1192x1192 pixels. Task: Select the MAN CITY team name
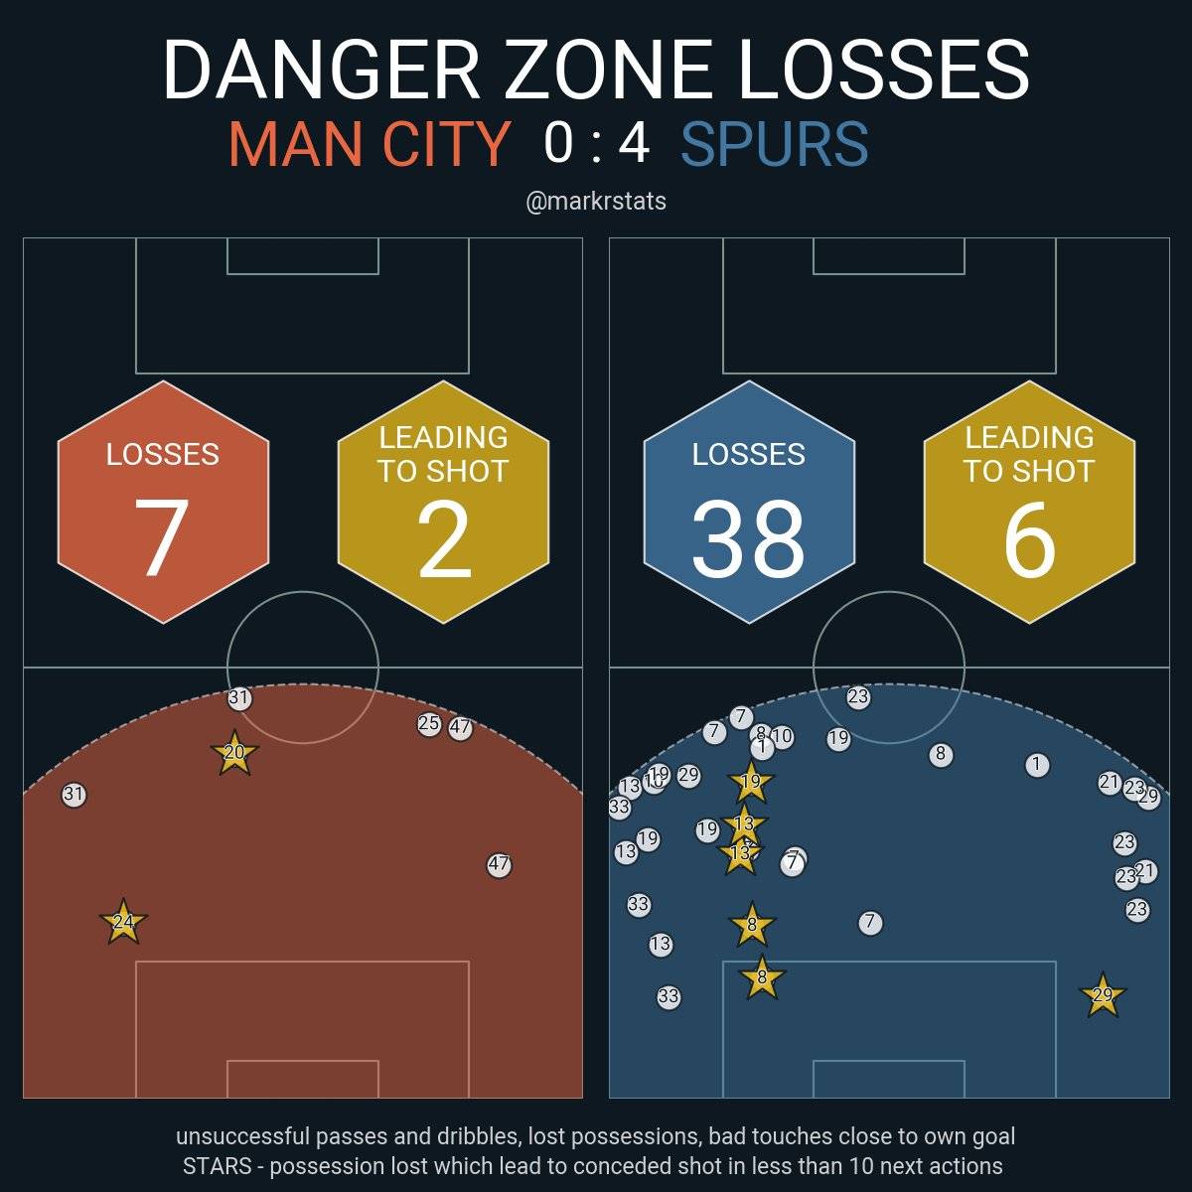point(369,144)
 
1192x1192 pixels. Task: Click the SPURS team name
point(774,144)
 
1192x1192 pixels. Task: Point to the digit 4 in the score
point(634,142)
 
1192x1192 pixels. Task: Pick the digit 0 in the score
point(558,142)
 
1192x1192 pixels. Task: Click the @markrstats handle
point(596,202)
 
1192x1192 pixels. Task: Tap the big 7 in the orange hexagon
point(162,537)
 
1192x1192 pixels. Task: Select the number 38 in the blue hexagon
point(748,537)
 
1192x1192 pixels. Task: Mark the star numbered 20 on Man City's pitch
point(234,753)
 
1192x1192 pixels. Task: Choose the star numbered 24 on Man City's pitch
point(123,922)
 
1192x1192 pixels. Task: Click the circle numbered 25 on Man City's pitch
point(429,724)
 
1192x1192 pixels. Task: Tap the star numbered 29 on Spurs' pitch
point(1102,995)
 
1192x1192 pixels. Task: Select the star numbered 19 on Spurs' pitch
point(751,782)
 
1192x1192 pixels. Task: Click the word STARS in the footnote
point(222,1165)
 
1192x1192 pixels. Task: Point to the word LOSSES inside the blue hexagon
point(748,455)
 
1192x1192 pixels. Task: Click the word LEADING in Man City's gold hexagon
point(443,438)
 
